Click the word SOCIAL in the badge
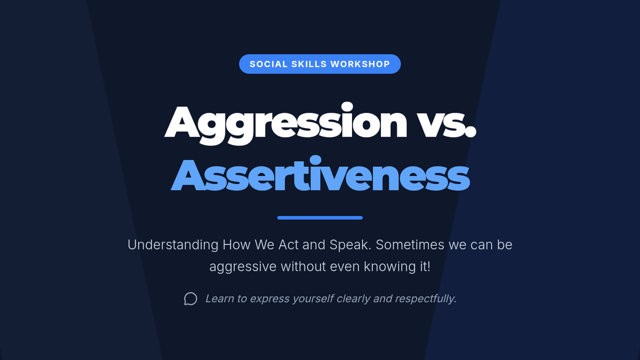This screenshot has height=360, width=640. tap(269, 64)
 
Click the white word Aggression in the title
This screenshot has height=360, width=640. tap(286, 123)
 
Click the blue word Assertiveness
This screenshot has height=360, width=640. tap(320, 174)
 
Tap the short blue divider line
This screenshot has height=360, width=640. tap(320, 218)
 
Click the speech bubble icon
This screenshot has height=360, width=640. tap(190, 299)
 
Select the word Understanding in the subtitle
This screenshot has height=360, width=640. tap(173, 245)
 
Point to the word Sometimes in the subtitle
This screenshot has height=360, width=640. tap(410, 245)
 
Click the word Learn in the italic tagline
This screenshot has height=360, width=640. tap(219, 299)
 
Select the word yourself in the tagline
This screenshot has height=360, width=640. tap(313, 299)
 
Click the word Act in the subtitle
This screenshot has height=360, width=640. tap(289, 245)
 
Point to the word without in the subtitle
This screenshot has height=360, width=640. tap(303, 267)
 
